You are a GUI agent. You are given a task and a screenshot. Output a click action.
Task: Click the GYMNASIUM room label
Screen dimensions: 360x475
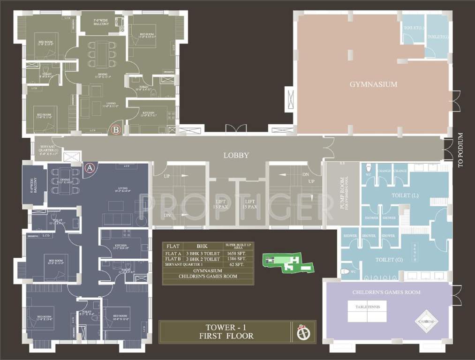(x=373, y=84)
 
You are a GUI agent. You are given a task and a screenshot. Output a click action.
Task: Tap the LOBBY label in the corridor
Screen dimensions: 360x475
(x=236, y=155)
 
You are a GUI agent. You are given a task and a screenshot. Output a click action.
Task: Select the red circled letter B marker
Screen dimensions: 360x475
(x=114, y=129)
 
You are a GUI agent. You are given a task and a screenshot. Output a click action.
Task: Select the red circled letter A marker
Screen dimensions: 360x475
(x=90, y=167)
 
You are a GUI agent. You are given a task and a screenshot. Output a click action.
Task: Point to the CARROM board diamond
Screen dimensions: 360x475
(x=426, y=321)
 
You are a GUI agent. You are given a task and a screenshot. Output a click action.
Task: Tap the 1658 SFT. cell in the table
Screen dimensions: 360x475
(x=238, y=254)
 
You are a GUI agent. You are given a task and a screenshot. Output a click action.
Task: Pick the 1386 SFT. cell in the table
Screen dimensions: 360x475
(x=238, y=259)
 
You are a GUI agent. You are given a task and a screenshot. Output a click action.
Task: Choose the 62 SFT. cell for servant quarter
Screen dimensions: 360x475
(x=238, y=265)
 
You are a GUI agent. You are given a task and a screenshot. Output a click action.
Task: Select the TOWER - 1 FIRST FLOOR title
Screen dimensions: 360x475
(x=226, y=332)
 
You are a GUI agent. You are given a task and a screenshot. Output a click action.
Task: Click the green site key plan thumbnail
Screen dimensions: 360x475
(x=286, y=263)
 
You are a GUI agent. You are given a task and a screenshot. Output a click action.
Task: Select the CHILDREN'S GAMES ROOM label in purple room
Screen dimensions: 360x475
(x=386, y=292)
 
